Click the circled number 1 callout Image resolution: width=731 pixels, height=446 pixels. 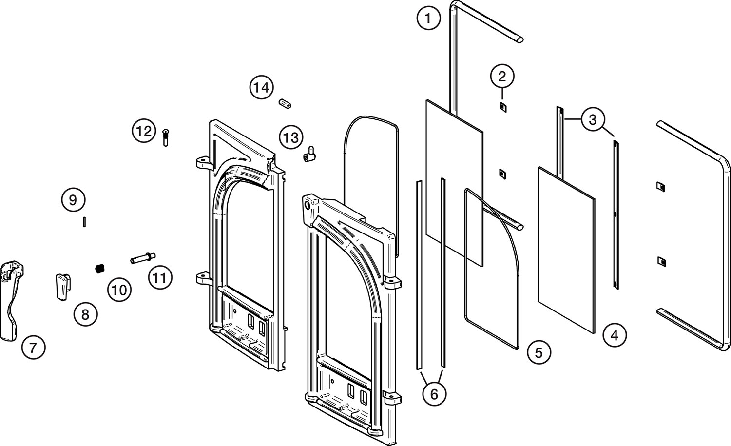click(x=428, y=19)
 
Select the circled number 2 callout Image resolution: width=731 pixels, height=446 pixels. click(x=502, y=76)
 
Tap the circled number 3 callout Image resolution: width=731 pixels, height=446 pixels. click(x=593, y=119)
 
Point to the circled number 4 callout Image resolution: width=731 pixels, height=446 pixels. click(x=614, y=335)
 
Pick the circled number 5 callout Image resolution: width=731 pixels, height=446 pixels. click(x=539, y=352)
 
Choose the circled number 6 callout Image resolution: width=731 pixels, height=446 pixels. click(x=434, y=393)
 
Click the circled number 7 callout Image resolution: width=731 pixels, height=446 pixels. click(x=33, y=348)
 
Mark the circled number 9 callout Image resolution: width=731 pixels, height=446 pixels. click(x=73, y=200)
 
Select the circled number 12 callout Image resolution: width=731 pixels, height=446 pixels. click(x=144, y=131)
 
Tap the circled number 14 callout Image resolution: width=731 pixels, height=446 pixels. click(x=261, y=88)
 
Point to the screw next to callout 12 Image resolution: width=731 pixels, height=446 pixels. click(x=166, y=137)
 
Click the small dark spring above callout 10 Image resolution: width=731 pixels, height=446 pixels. click(x=100, y=268)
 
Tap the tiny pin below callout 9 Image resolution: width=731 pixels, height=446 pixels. click(x=85, y=221)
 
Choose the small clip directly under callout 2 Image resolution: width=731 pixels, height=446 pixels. click(x=502, y=107)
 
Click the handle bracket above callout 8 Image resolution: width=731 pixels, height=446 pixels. click(x=62, y=287)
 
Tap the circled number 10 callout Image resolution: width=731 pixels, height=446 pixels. click(x=119, y=290)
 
